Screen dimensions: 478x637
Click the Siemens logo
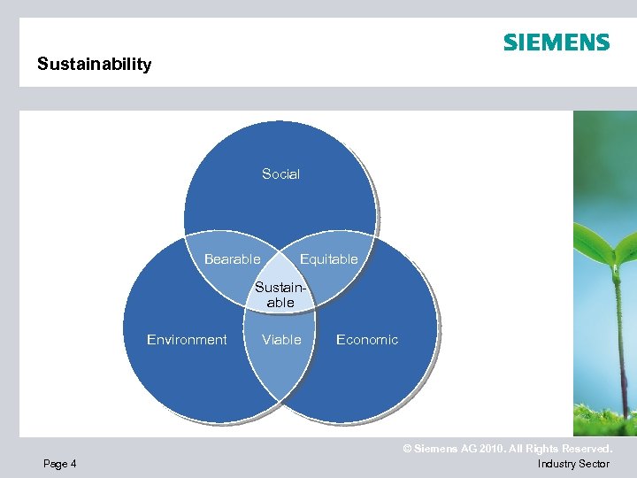click(556, 42)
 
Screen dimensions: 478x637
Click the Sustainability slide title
click(94, 64)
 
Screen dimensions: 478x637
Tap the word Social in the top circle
click(280, 174)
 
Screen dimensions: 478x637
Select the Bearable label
click(232, 259)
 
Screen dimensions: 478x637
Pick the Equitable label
click(329, 259)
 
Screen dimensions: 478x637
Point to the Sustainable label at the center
click(280, 295)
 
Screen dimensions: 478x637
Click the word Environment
click(187, 340)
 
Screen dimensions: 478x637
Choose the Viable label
click(281, 340)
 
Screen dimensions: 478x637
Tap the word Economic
click(367, 340)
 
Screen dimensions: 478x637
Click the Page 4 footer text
click(59, 464)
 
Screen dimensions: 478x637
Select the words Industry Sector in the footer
click(573, 464)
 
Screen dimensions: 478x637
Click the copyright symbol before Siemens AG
click(408, 450)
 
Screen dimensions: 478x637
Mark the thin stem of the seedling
click(617, 336)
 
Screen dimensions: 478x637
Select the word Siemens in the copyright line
click(434, 450)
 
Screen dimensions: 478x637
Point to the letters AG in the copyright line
click(466, 450)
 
